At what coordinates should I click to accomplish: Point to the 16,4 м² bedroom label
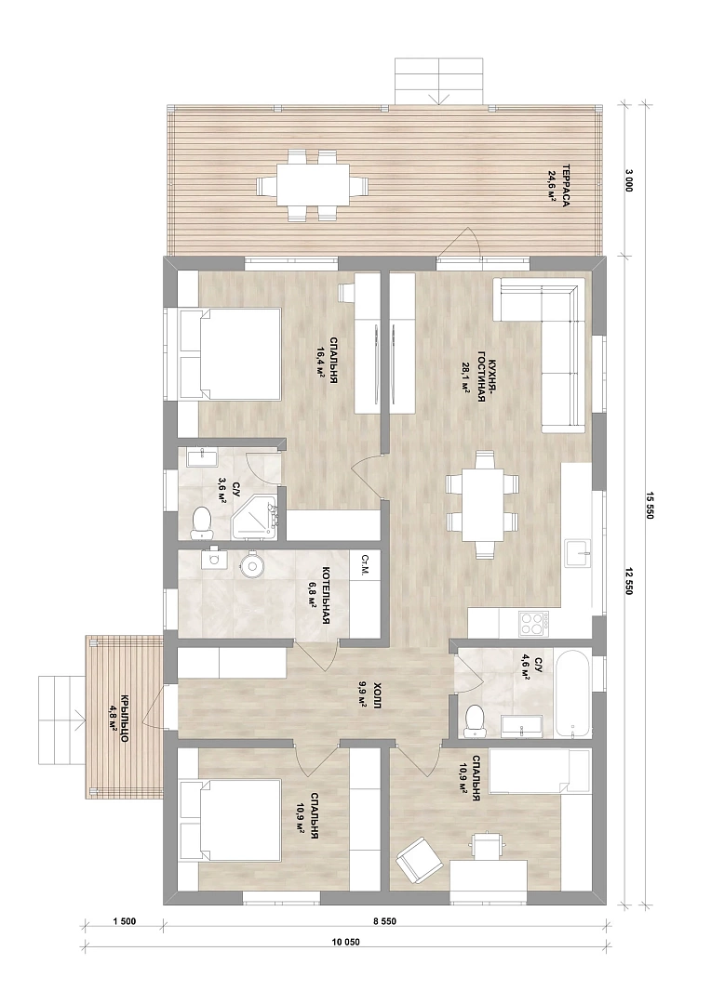(318, 361)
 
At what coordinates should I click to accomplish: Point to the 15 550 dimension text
(649, 504)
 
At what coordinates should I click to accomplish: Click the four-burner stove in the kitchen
(533, 623)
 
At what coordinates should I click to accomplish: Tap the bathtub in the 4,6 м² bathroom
(572, 694)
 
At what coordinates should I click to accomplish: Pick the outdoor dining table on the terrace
(313, 186)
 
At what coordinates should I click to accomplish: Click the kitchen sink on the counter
(581, 553)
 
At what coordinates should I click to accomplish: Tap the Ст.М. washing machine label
(365, 562)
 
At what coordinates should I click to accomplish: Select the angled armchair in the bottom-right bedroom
(419, 860)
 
